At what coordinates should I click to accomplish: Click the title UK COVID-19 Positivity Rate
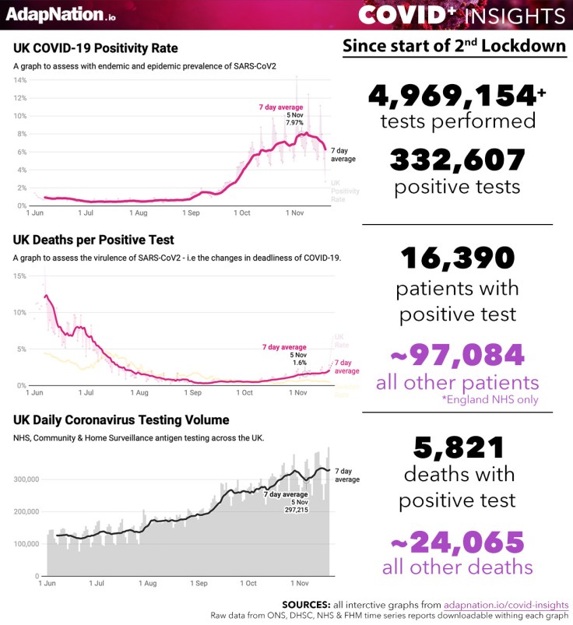click(x=95, y=48)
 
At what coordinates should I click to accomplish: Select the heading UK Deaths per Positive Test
click(x=93, y=240)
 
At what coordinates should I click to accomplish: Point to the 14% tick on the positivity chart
click(x=20, y=80)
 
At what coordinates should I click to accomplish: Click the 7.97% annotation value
click(x=294, y=122)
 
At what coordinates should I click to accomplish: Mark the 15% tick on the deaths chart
click(x=20, y=276)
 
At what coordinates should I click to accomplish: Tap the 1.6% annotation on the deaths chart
click(x=300, y=362)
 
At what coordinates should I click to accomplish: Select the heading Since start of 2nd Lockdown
click(x=455, y=46)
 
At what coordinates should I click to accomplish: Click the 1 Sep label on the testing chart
click(x=198, y=582)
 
